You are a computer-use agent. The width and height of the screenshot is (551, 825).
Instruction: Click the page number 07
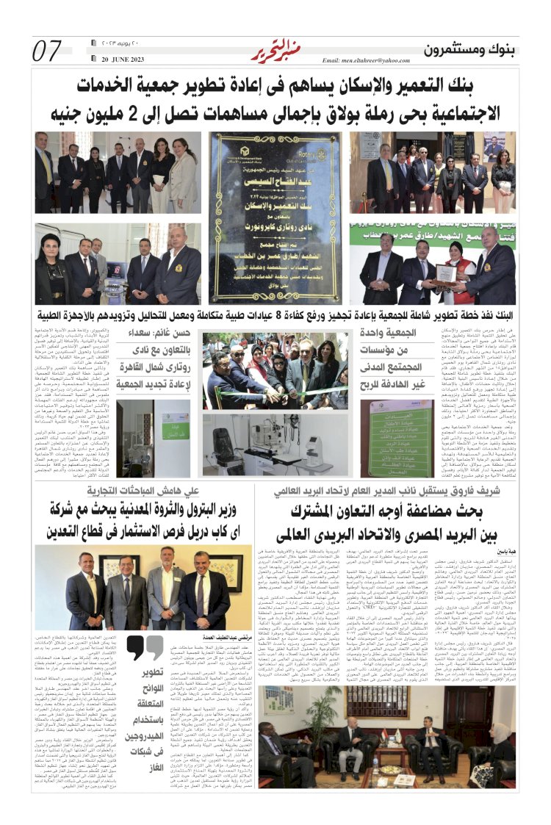[x=47, y=51]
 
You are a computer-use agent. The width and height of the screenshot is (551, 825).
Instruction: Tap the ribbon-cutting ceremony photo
[x=275, y=372]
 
